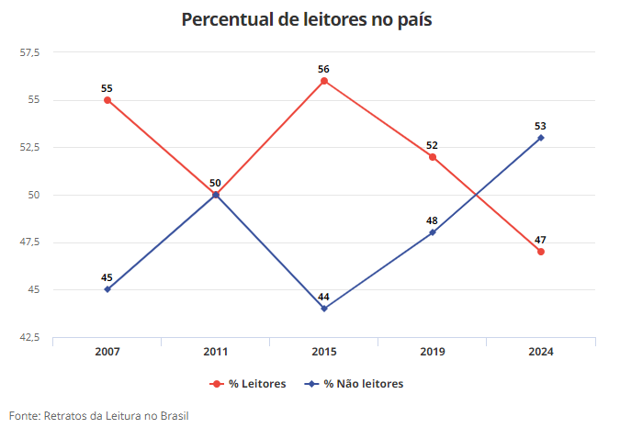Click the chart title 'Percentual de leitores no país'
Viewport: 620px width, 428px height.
[306, 20]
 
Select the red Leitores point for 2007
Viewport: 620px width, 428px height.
[107, 100]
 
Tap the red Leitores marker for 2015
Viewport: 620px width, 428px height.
[324, 81]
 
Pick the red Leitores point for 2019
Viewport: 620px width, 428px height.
[433, 157]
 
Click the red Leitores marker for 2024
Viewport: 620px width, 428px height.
[541, 252]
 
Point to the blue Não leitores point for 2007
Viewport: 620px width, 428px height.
[107, 289]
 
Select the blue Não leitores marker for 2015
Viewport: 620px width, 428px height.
[324, 309]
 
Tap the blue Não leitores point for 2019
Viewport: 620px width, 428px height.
[433, 232]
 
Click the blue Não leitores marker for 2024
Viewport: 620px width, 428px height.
[541, 138]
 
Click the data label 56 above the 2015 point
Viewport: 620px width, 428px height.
[324, 69]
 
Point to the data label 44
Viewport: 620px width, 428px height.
[324, 297]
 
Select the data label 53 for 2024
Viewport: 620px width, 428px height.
[541, 126]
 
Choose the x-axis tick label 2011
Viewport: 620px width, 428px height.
[216, 352]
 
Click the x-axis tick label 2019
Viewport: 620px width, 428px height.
[433, 352]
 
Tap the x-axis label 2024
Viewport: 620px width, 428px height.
[541, 352]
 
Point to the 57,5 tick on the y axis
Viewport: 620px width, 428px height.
[30, 52]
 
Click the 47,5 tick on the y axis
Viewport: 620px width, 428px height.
[30, 242]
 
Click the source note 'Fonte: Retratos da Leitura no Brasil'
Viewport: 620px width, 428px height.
[99, 415]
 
